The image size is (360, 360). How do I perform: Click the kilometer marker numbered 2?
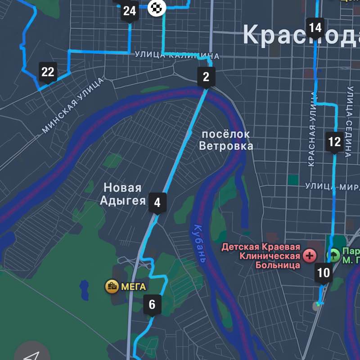[x=206, y=76]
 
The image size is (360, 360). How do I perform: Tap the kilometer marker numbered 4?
[x=157, y=202]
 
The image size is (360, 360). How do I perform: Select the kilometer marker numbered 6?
[x=152, y=305]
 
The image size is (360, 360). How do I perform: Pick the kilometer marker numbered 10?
[x=324, y=272]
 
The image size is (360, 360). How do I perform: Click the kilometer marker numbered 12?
[x=334, y=142]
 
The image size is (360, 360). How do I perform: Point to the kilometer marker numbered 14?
[x=315, y=27]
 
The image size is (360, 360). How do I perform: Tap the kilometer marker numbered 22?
[x=48, y=72]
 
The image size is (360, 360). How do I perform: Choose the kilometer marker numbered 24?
[x=130, y=11]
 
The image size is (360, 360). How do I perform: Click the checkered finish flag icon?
[x=157, y=8]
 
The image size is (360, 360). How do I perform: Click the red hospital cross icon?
[x=310, y=256]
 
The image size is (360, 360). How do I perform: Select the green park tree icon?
[x=334, y=255]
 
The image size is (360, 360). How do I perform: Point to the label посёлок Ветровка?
[x=226, y=140]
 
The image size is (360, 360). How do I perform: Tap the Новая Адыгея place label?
[x=122, y=194]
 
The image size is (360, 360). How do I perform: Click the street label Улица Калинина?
[x=177, y=55]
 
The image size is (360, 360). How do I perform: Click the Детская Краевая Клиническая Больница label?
[x=261, y=256]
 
